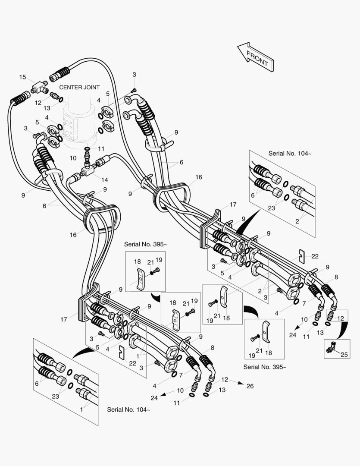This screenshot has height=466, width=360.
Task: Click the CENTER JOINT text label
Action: click(79, 87)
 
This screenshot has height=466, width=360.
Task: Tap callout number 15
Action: click(22, 77)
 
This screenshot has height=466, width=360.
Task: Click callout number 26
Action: click(250, 386)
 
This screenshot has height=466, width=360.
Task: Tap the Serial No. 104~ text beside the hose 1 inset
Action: click(128, 409)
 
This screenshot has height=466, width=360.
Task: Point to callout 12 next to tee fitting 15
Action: click(38, 103)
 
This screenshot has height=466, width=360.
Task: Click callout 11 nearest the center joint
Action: click(101, 148)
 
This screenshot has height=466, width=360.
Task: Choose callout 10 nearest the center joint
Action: click(73, 158)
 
